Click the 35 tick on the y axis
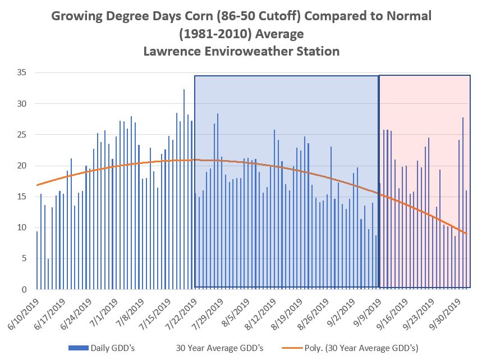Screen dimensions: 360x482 22,73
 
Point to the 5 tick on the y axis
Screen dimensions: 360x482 24,259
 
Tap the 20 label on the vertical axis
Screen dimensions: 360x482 22,166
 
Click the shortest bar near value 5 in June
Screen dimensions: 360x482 48,274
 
